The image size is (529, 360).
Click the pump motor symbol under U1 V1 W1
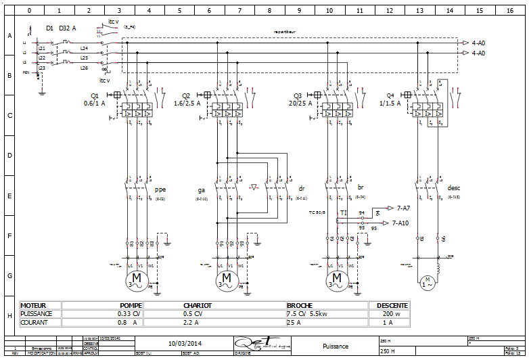pyautogui.click(x=138, y=278)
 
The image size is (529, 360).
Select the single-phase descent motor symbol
pyautogui.click(x=428, y=281)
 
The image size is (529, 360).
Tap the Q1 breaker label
pyautogui.click(x=94, y=95)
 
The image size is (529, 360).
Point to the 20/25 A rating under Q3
pyautogui.click(x=301, y=104)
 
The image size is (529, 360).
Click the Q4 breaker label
pyautogui.click(x=390, y=95)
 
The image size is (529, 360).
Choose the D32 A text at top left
pyautogui.click(x=68, y=28)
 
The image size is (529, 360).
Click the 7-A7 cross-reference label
pyautogui.click(x=408, y=208)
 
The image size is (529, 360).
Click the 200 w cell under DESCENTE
pyautogui.click(x=388, y=314)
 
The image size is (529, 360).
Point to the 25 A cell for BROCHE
pyautogui.click(x=296, y=323)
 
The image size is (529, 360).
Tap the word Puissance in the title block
pyautogui.click(x=336, y=346)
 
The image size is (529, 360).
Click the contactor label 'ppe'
pyautogui.click(x=160, y=190)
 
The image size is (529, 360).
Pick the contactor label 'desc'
pyautogui.click(x=454, y=188)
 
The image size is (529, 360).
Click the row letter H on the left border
pyautogui.click(x=9, y=315)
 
